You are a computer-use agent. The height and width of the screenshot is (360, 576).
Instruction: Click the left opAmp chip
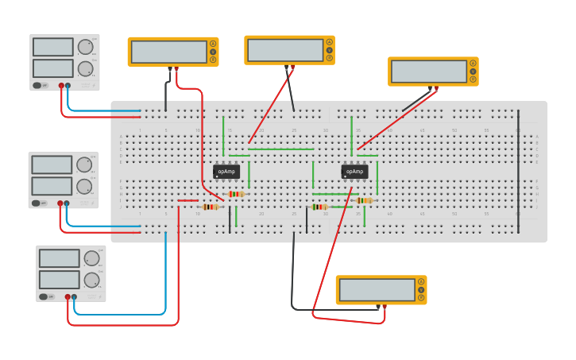pos(226,171)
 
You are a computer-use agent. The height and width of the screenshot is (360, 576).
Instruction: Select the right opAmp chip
pos(354,171)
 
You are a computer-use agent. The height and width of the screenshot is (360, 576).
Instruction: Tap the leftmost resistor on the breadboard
pos(211,207)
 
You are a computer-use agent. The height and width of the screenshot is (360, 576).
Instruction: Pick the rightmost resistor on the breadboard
pos(365,200)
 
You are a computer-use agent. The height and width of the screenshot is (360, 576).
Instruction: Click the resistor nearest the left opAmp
pos(235,194)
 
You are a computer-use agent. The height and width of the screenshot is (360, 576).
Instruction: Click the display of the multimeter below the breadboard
pos(377,289)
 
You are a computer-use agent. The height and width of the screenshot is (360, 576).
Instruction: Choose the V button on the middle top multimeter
pos(329,50)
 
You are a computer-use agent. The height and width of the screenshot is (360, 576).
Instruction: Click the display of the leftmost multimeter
pos(168,52)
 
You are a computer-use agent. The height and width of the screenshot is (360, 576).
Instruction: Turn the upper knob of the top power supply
pos(85,47)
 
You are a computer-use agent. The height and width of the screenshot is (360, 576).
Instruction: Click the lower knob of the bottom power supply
pos(92,280)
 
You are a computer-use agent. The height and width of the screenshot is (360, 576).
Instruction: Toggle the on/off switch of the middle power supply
pos(37,203)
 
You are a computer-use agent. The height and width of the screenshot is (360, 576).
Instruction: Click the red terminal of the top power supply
pos(61,85)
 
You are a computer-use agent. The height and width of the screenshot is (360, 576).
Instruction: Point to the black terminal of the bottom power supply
pos(75,296)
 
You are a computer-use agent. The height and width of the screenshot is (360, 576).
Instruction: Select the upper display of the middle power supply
pos(52,165)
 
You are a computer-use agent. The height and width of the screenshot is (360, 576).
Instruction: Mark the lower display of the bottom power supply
pos(59,280)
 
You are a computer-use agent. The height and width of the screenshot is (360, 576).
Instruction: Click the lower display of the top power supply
pos(52,68)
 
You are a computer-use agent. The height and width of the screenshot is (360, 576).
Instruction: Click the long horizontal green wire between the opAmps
pos(282,149)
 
